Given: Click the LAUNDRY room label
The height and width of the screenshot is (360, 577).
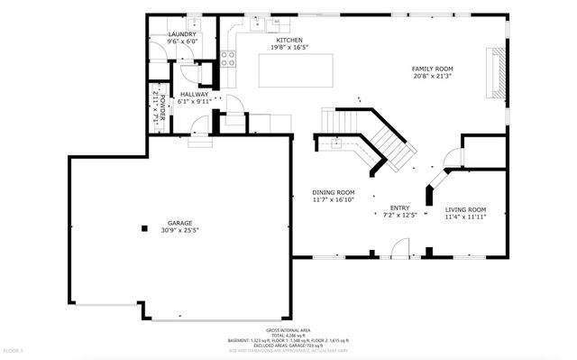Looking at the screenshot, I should [181, 35].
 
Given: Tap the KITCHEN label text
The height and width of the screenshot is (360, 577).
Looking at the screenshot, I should [288, 41].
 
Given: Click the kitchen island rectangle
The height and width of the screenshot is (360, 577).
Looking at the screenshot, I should [295, 70].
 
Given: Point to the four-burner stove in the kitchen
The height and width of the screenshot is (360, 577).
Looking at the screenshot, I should [229, 60].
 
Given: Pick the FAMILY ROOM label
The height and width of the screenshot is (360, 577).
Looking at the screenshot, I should [432, 69].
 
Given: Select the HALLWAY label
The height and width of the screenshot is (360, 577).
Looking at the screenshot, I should [194, 94].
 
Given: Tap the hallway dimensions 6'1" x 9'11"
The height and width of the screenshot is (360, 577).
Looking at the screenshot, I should [194, 102].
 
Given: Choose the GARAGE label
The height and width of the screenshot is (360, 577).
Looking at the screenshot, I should [179, 223].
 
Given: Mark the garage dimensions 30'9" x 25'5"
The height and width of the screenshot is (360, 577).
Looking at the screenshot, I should [179, 231].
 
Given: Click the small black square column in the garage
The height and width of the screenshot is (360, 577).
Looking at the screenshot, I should [142, 227].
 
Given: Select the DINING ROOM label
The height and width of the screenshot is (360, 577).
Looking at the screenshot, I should [333, 192].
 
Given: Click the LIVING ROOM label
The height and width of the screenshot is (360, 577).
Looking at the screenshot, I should [465, 209].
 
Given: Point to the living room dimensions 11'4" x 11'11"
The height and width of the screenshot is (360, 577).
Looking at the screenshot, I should [465, 217].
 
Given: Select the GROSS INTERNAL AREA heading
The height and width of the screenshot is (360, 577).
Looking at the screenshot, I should [288, 330].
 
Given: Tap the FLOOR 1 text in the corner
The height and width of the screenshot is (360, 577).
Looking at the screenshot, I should [13, 350].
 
